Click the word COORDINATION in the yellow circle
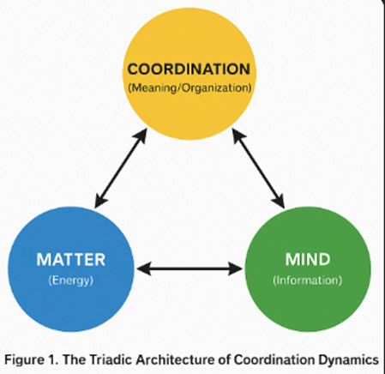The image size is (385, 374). (194, 68)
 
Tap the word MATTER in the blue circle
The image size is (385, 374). (59, 259)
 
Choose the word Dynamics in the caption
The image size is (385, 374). (349, 358)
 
